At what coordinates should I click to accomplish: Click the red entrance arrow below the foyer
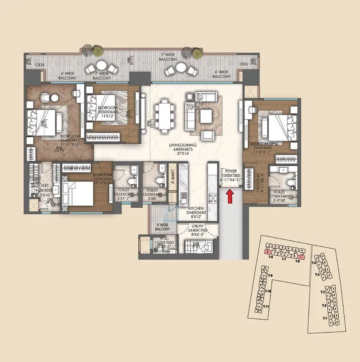point(229,197)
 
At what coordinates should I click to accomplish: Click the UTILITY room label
point(198,226)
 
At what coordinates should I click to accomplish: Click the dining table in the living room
point(164,115)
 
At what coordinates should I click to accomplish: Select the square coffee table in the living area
point(206,117)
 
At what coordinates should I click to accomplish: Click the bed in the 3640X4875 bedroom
point(45,119)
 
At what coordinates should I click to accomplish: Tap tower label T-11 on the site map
point(266,307)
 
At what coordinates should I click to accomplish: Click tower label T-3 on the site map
point(323,292)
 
